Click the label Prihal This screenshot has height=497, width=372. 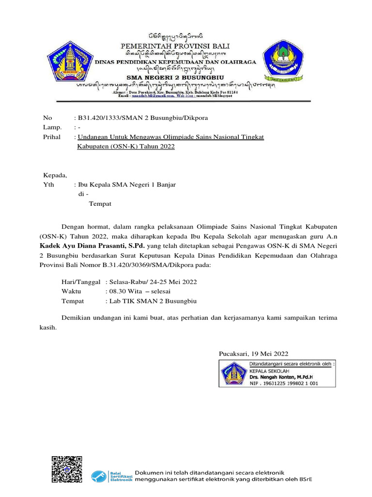click(52, 137)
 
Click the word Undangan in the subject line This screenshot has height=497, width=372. click(92, 137)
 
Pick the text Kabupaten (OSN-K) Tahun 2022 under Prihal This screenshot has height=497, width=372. click(126, 146)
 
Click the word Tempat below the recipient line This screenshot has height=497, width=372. click(100, 203)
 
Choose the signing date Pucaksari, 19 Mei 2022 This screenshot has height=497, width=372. click(253, 353)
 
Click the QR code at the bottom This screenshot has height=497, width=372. click(67, 470)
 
